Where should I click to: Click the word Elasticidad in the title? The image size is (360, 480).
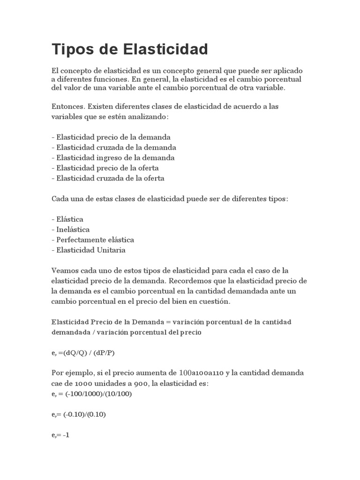[x=166, y=49]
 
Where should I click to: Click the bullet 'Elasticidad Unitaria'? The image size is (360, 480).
[x=89, y=250]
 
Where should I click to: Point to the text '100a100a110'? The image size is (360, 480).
[x=202, y=373]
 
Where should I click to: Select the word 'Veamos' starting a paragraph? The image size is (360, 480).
[x=65, y=270]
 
